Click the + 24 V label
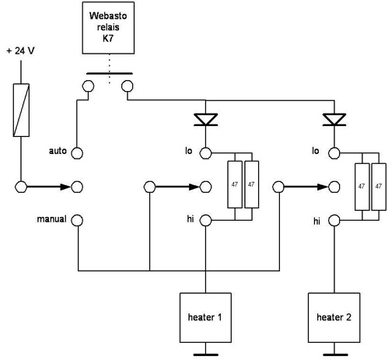point(20,51)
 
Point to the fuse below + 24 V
point(21,110)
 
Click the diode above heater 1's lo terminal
point(205,120)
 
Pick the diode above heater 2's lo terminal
point(334,120)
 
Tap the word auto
point(58,151)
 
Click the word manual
point(51,219)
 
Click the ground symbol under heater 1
point(205,355)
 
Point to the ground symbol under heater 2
point(334,355)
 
